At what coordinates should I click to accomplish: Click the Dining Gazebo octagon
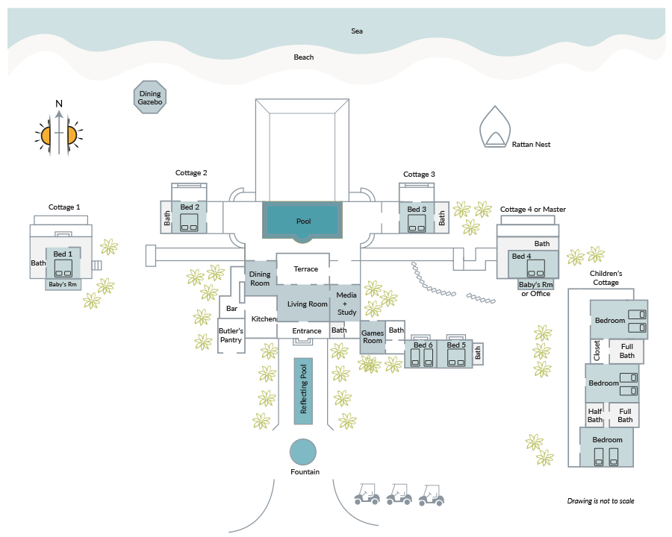coord(150,97)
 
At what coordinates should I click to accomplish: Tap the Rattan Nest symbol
coord(495,127)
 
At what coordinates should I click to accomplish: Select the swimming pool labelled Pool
coord(302,220)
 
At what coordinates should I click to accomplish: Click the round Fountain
coord(303,452)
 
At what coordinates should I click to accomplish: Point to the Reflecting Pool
coord(303,391)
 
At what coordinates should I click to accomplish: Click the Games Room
coord(373,337)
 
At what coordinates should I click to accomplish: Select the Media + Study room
coord(345,304)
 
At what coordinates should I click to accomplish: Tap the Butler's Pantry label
coord(231,336)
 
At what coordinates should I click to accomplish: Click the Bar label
coord(232,308)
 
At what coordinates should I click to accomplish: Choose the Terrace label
coord(305,269)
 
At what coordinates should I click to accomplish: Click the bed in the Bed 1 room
coord(63,268)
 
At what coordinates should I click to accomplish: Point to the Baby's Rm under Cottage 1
coord(63,284)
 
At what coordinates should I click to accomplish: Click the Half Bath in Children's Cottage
coord(595,415)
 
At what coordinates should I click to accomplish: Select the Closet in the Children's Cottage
coord(597,351)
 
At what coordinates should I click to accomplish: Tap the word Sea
coord(357,31)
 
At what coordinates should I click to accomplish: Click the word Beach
coord(303,57)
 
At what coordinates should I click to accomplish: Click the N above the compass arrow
coord(59,104)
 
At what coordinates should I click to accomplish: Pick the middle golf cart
coord(399,494)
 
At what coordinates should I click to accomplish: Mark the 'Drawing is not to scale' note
coord(600,500)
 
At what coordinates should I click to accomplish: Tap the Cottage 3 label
coord(419,175)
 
